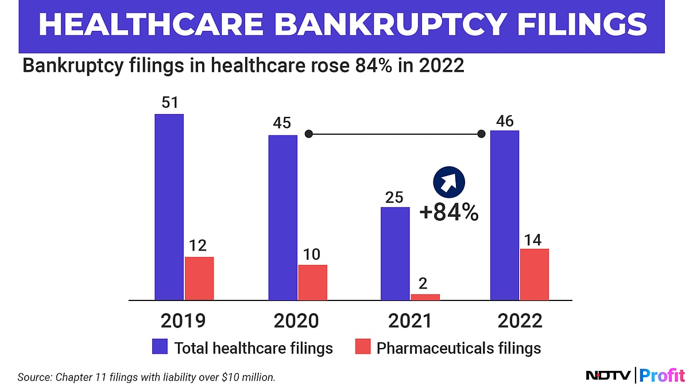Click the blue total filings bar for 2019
point(169,206)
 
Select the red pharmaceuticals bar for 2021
point(425,296)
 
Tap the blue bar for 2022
point(504,215)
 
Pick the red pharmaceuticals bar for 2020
point(312,282)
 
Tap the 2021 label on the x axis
point(409,320)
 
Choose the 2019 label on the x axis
point(184,320)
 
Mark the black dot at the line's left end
point(309,134)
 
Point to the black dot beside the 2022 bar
point(481,134)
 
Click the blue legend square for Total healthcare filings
point(160,346)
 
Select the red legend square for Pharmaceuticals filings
point(362,346)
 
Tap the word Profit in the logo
point(661,376)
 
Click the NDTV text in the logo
point(609,376)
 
